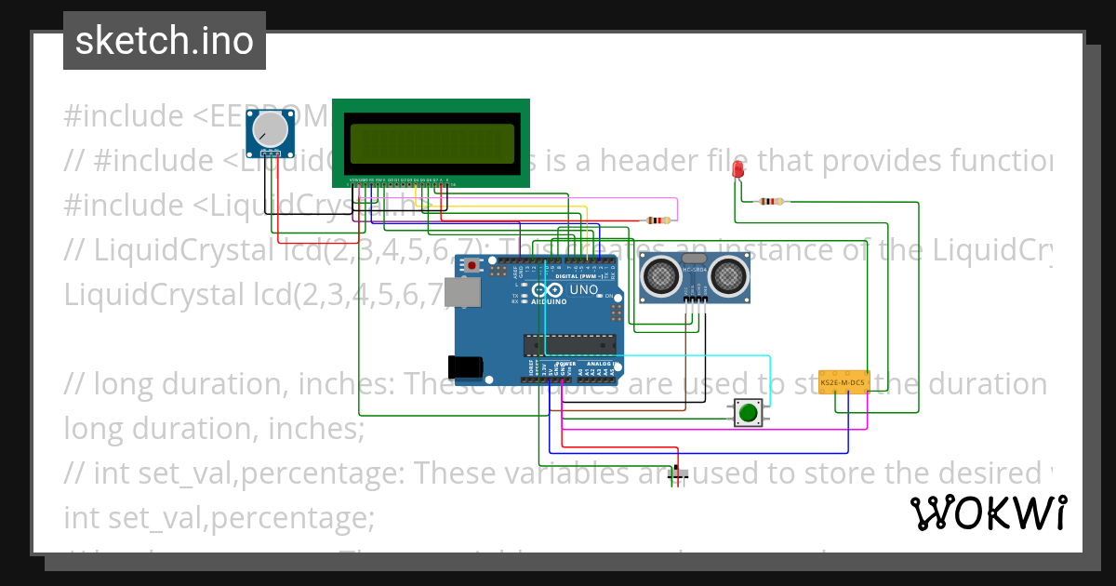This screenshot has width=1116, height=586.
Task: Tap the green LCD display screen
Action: coord(431,143)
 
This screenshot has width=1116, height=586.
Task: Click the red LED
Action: coord(738,170)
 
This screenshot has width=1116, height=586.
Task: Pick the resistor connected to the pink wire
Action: coord(658,220)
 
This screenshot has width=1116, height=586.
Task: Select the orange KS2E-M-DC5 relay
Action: coord(844,381)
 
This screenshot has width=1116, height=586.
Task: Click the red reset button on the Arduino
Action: coord(472,267)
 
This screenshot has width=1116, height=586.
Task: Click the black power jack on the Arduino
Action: coord(466,366)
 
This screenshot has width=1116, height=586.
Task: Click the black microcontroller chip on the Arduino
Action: coord(569,344)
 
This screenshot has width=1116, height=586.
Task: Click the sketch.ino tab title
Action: coord(165,41)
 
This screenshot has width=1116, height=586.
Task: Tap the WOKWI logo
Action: coord(988,513)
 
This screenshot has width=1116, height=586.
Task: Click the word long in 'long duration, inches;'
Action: coord(90,429)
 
